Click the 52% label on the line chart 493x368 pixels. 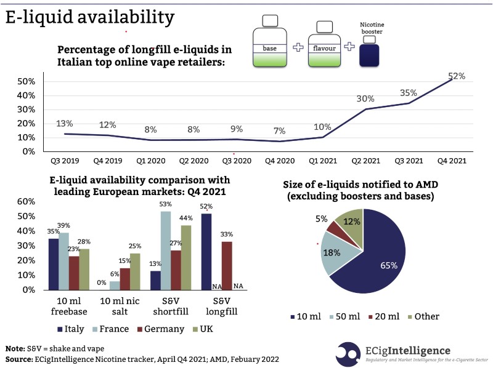coord(456,76)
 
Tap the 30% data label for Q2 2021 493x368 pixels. coord(365,98)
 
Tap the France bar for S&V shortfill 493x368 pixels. coord(166,250)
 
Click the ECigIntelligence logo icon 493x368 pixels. coord(349,353)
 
